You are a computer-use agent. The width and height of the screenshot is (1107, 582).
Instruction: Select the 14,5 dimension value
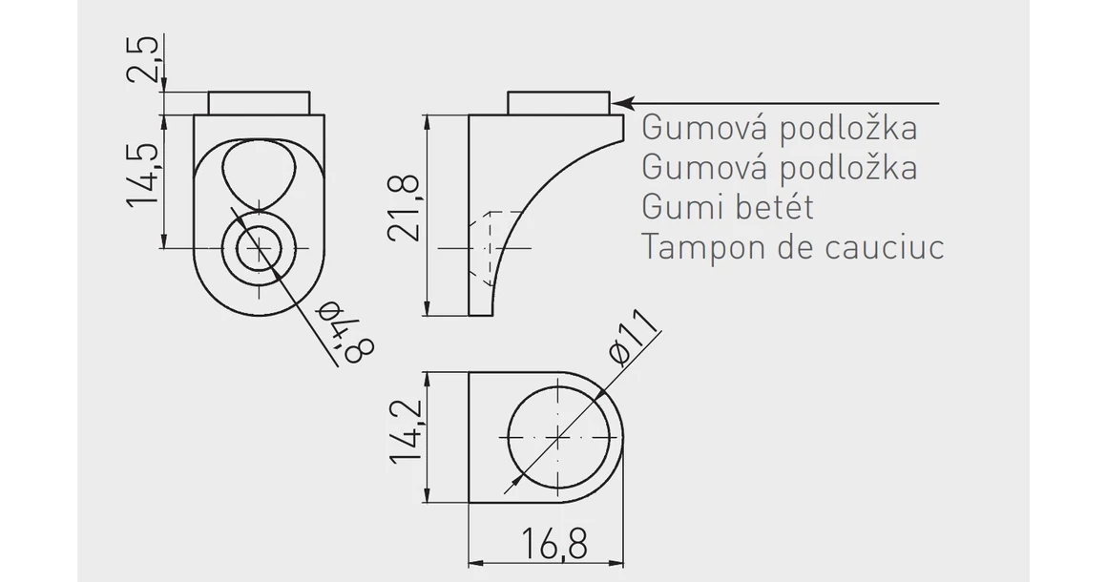[144, 177]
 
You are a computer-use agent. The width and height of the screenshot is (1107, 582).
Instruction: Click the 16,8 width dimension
[553, 544]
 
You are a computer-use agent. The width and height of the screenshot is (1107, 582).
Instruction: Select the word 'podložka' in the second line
[848, 167]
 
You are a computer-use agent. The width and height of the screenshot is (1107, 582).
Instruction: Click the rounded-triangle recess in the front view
[258, 172]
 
